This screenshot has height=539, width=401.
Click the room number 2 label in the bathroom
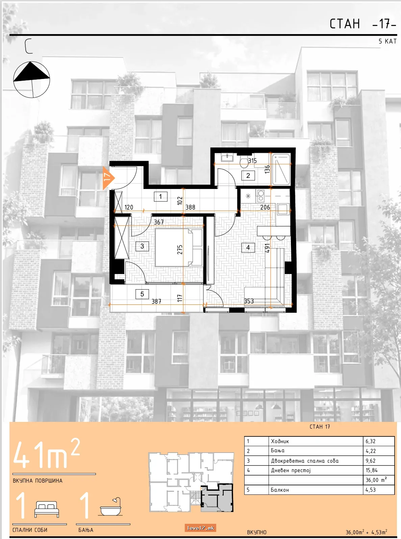pos(248,176)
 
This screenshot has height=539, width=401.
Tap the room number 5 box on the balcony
pos(142,294)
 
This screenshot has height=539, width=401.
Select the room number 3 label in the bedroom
pos(142,246)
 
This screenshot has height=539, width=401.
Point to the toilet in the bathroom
pos(244,161)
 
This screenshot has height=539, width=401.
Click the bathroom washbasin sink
pos(227,158)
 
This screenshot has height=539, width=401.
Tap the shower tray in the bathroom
pos(281,169)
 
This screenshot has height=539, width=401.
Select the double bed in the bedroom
pos(179,247)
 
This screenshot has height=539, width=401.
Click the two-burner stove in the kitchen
pos(260,196)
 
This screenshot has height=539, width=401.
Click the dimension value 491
pos(267,248)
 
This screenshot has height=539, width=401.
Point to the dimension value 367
pos(159,222)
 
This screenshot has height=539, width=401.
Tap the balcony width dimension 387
pos(156,301)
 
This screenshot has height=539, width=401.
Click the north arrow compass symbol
pos(31,79)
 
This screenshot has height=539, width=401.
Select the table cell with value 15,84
pos(379,470)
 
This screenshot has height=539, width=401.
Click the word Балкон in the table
pos(280,490)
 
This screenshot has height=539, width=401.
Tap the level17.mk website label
pos(201,528)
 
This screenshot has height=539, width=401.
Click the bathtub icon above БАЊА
pos(111,507)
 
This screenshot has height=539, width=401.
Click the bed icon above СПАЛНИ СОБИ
pos(47,509)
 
